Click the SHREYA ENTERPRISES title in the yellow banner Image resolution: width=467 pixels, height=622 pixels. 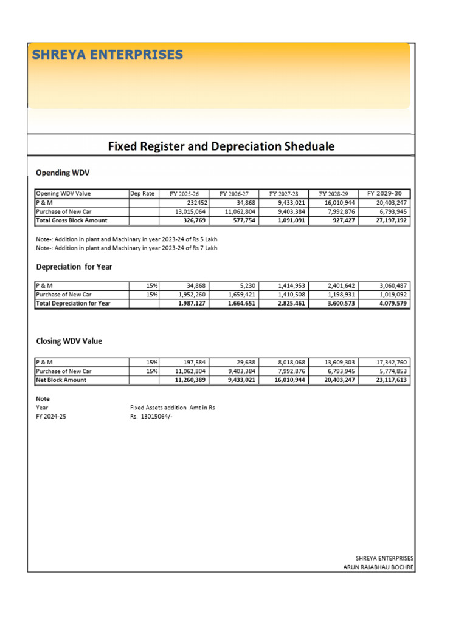(x=107, y=55)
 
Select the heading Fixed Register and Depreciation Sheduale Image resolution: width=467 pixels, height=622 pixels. (x=221, y=146)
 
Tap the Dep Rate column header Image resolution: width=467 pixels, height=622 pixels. (x=142, y=193)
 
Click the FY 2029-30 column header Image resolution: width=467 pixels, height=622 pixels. (x=384, y=193)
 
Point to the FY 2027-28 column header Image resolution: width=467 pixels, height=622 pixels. (x=283, y=194)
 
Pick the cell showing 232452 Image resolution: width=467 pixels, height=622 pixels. (x=193, y=202)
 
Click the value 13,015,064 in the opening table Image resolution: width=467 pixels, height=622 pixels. (x=190, y=211)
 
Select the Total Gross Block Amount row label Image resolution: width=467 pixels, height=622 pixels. (x=72, y=220)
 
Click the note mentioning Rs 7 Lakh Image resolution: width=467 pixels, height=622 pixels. (x=126, y=248)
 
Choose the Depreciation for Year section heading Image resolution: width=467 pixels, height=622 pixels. (x=74, y=267)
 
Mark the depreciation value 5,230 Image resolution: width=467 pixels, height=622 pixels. (x=240, y=285)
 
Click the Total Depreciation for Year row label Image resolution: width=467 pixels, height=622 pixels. (x=74, y=303)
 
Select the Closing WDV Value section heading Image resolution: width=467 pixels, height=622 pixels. (x=69, y=341)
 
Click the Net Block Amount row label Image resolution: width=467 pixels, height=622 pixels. (x=61, y=380)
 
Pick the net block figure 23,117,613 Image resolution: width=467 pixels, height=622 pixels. (x=387, y=380)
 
